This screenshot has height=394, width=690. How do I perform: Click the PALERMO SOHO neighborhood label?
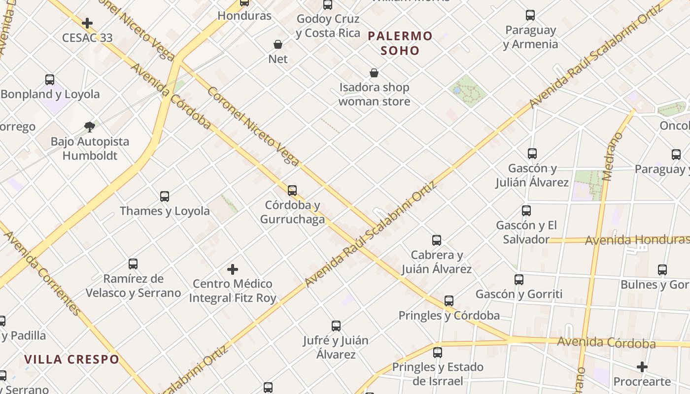pyautogui.click(x=400, y=43)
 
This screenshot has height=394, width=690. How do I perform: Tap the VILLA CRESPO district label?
pyautogui.click(x=72, y=360)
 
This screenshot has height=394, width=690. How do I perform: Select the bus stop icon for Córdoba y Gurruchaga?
pyautogui.click(x=292, y=191)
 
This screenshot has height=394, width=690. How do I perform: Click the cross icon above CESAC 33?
pyautogui.click(x=87, y=23)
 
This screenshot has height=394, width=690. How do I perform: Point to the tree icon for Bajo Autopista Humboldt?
pyautogui.click(x=90, y=127)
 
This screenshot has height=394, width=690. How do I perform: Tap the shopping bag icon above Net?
pyautogui.click(x=278, y=44)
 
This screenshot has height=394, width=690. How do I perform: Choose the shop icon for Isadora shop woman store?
pyautogui.click(x=374, y=73)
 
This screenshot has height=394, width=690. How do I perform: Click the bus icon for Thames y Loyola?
pyautogui.click(x=165, y=197)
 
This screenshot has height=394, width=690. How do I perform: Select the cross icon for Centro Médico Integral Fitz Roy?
pyautogui.click(x=233, y=269)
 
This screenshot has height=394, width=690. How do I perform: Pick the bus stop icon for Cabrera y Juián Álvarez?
pyautogui.click(x=437, y=240)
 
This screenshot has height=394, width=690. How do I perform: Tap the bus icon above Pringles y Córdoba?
pyautogui.click(x=449, y=301)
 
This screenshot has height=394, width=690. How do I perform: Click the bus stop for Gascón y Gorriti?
pyautogui.click(x=519, y=280)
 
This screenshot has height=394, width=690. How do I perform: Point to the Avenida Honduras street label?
pyautogui.click(x=637, y=240)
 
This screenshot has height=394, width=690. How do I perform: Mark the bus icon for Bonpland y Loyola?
pyautogui.click(x=50, y=80)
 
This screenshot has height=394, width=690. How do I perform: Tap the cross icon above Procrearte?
pyautogui.click(x=642, y=367)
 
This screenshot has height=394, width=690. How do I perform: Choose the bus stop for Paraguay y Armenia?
pyautogui.click(x=530, y=15)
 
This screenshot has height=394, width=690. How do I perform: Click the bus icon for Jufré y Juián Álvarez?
pyautogui.click(x=336, y=326)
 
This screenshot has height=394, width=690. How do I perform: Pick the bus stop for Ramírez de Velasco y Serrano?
pyautogui.click(x=133, y=264)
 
